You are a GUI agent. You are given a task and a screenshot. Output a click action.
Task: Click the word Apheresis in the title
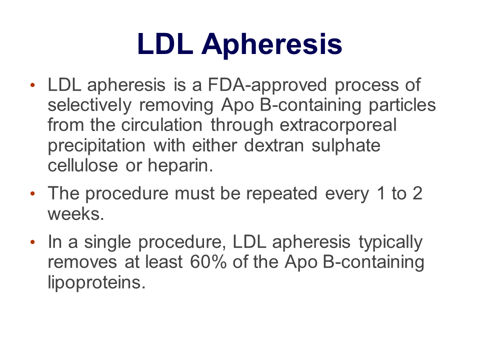271,44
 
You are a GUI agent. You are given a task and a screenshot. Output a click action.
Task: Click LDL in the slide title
165,44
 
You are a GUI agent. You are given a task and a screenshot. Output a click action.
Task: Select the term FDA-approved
267,85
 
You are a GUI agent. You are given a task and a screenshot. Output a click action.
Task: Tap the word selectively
89,105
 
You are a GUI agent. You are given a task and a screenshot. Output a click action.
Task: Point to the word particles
402,105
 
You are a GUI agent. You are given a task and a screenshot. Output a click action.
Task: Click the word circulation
161,125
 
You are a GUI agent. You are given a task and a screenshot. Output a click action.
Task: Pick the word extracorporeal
338,125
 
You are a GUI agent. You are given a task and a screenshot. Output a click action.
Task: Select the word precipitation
96,145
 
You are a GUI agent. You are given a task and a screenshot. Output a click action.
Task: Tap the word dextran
274,145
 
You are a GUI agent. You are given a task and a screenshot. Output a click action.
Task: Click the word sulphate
346,145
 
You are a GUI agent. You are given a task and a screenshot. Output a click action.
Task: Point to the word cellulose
82,165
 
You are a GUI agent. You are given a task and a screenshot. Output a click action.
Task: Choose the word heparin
180,166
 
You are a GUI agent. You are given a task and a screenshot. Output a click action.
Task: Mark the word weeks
75,213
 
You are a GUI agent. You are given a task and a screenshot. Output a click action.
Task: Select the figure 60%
208,262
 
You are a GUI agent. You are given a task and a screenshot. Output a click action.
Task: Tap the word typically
390,242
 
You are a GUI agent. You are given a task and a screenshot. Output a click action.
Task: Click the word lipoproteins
96,282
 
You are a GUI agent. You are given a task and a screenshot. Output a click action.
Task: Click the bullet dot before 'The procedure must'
33,193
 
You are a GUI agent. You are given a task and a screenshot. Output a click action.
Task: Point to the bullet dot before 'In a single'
33,242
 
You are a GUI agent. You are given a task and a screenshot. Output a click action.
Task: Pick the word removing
176,105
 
